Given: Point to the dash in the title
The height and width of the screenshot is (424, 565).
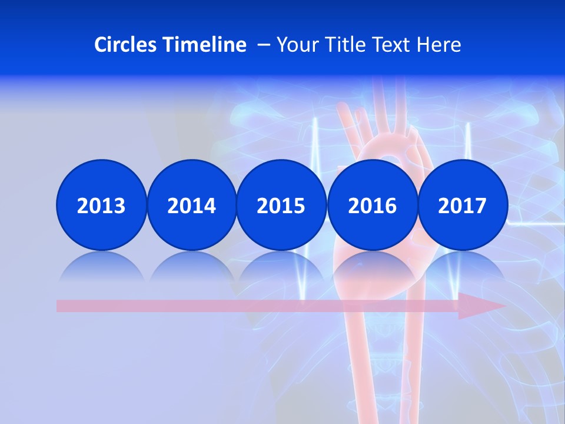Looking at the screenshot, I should [x=263, y=45].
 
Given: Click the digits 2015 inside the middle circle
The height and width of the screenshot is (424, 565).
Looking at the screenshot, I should [x=281, y=206].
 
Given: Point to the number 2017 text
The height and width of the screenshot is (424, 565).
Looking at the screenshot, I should [x=462, y=206].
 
